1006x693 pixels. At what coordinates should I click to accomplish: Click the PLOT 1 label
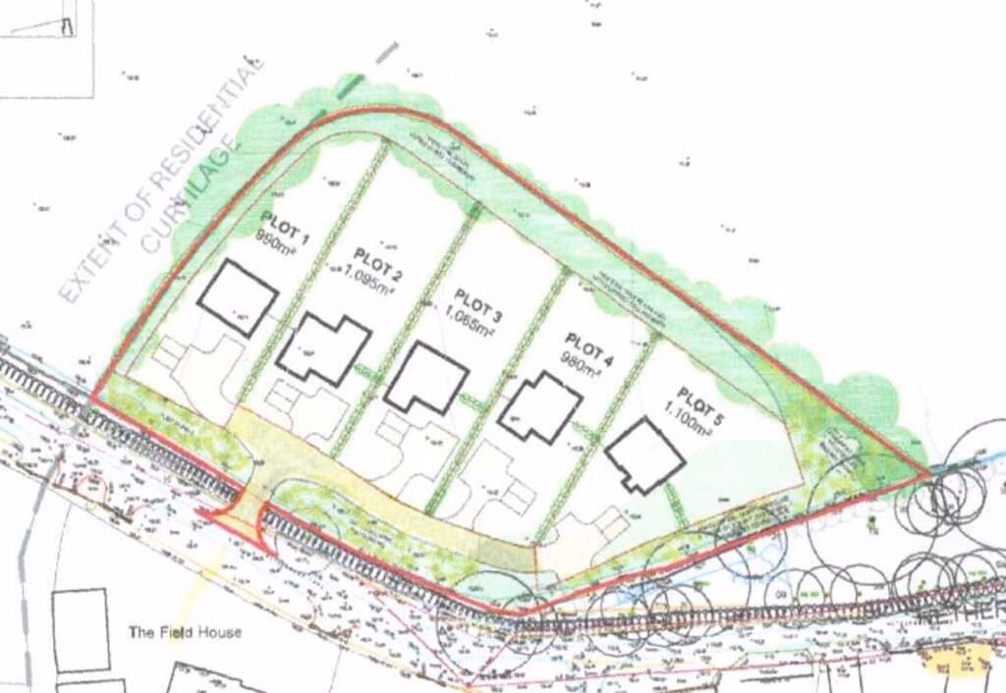[x=283, y=217]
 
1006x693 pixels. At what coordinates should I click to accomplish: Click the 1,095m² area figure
[x=370, y=283]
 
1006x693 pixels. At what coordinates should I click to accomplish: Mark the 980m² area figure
[x=580, y=367]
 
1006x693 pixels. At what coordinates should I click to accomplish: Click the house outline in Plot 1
[x=237, y=297]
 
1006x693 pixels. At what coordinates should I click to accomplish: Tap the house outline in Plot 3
[x=425, y=378]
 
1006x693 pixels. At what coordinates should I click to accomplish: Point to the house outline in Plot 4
[x=539, y=409]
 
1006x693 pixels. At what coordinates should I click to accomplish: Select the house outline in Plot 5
[x=644, y=455]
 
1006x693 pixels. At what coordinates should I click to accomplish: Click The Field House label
[x=185, y=632]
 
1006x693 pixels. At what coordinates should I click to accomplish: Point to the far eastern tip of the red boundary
[x=928, y=474]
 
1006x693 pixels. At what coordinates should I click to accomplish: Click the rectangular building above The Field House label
[x=81, y=629]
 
